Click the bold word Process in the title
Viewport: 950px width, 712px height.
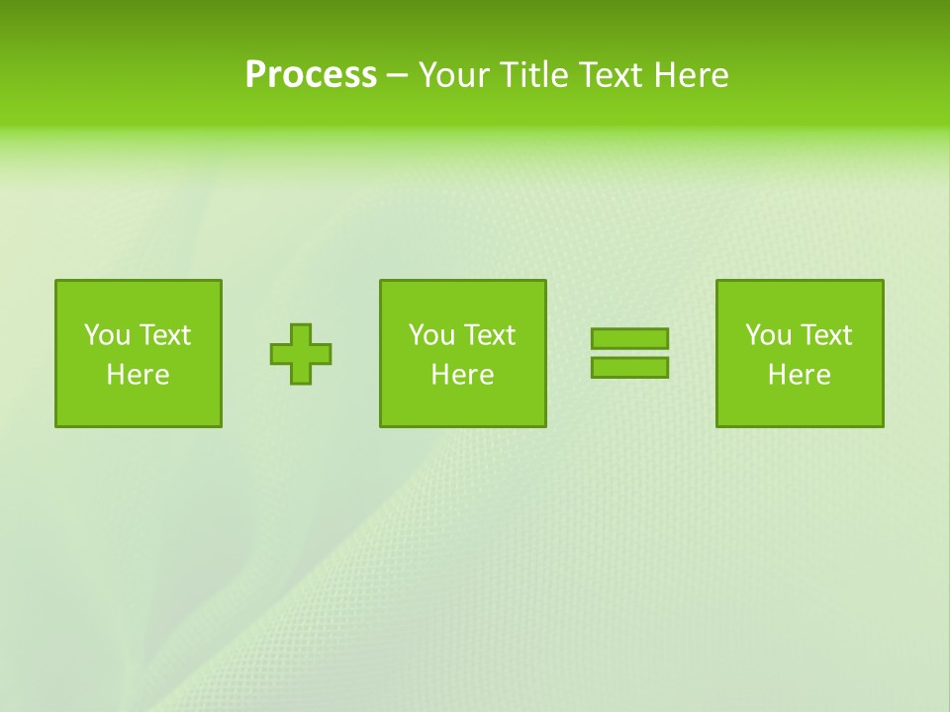[311, 75]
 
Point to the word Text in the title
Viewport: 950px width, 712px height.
[609, 75]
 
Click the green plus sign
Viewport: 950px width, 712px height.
[301, 354]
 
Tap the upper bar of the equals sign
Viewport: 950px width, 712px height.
[629, 338]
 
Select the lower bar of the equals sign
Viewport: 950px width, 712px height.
[629, 367]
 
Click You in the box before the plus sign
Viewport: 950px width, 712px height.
[107, 335]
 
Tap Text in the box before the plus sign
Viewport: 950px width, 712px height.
[163, 335]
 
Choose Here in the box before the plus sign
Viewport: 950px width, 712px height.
[138, 375]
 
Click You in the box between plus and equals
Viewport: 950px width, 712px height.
[431, 335]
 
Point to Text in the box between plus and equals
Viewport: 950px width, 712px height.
[488, 335]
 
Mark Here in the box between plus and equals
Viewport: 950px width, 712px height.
[462, 375]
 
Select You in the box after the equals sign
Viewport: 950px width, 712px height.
[768, 335]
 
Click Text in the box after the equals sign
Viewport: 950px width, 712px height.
[824, 335]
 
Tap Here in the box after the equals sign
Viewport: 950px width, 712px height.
[799, 375]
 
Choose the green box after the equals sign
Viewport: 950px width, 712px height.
[800, 405]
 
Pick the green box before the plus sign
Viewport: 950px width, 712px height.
[139, 405]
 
